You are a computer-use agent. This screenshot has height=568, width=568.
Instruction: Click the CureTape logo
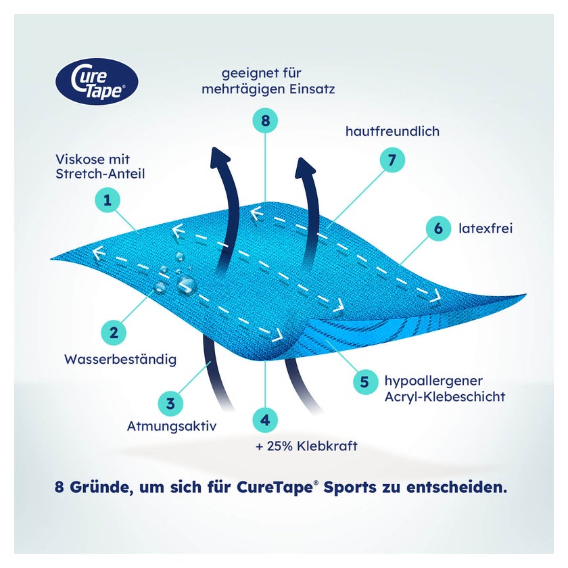tap(97, 82)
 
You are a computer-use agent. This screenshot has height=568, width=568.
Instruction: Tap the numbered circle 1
tap(108, 200)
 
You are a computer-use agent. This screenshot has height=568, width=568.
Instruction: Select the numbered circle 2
tap(114, 333)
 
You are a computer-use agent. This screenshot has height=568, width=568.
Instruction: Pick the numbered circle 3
tap(170, 404)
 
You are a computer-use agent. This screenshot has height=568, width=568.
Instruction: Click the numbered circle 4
tap(265, 420)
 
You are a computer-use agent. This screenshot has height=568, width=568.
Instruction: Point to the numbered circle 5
tap(364, 382)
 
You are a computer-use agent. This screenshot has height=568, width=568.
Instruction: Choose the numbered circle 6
tap(438, 229)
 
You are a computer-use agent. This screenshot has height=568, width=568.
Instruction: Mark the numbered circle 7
tap(392, 160)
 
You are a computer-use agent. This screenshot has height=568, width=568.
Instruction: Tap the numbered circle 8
tap(265, 120)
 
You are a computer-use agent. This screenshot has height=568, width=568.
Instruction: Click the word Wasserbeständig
tap(120, 359)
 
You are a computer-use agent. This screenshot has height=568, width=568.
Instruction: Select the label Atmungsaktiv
tap(172, 426)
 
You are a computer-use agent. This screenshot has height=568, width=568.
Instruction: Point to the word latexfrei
tap(486, 229)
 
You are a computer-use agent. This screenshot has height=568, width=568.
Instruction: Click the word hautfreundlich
tap(393, 131)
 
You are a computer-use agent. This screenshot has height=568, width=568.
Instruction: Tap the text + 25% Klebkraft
tap(306, 446)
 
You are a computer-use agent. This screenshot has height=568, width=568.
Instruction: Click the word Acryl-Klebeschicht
tap(445, 397)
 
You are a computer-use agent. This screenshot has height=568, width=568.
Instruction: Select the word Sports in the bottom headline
tap(350, 488)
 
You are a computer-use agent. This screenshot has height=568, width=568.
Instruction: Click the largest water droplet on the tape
tap(187, 285)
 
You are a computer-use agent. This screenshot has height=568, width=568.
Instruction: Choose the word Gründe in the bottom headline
tap(99, 488)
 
